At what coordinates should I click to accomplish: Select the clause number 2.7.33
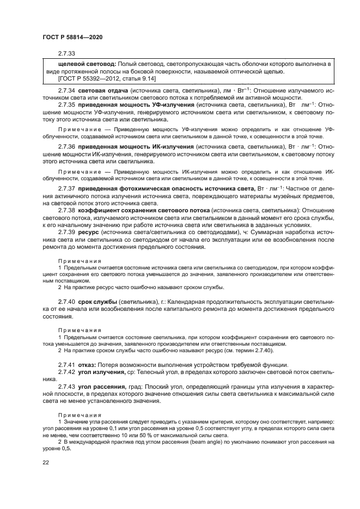[66, 53]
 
